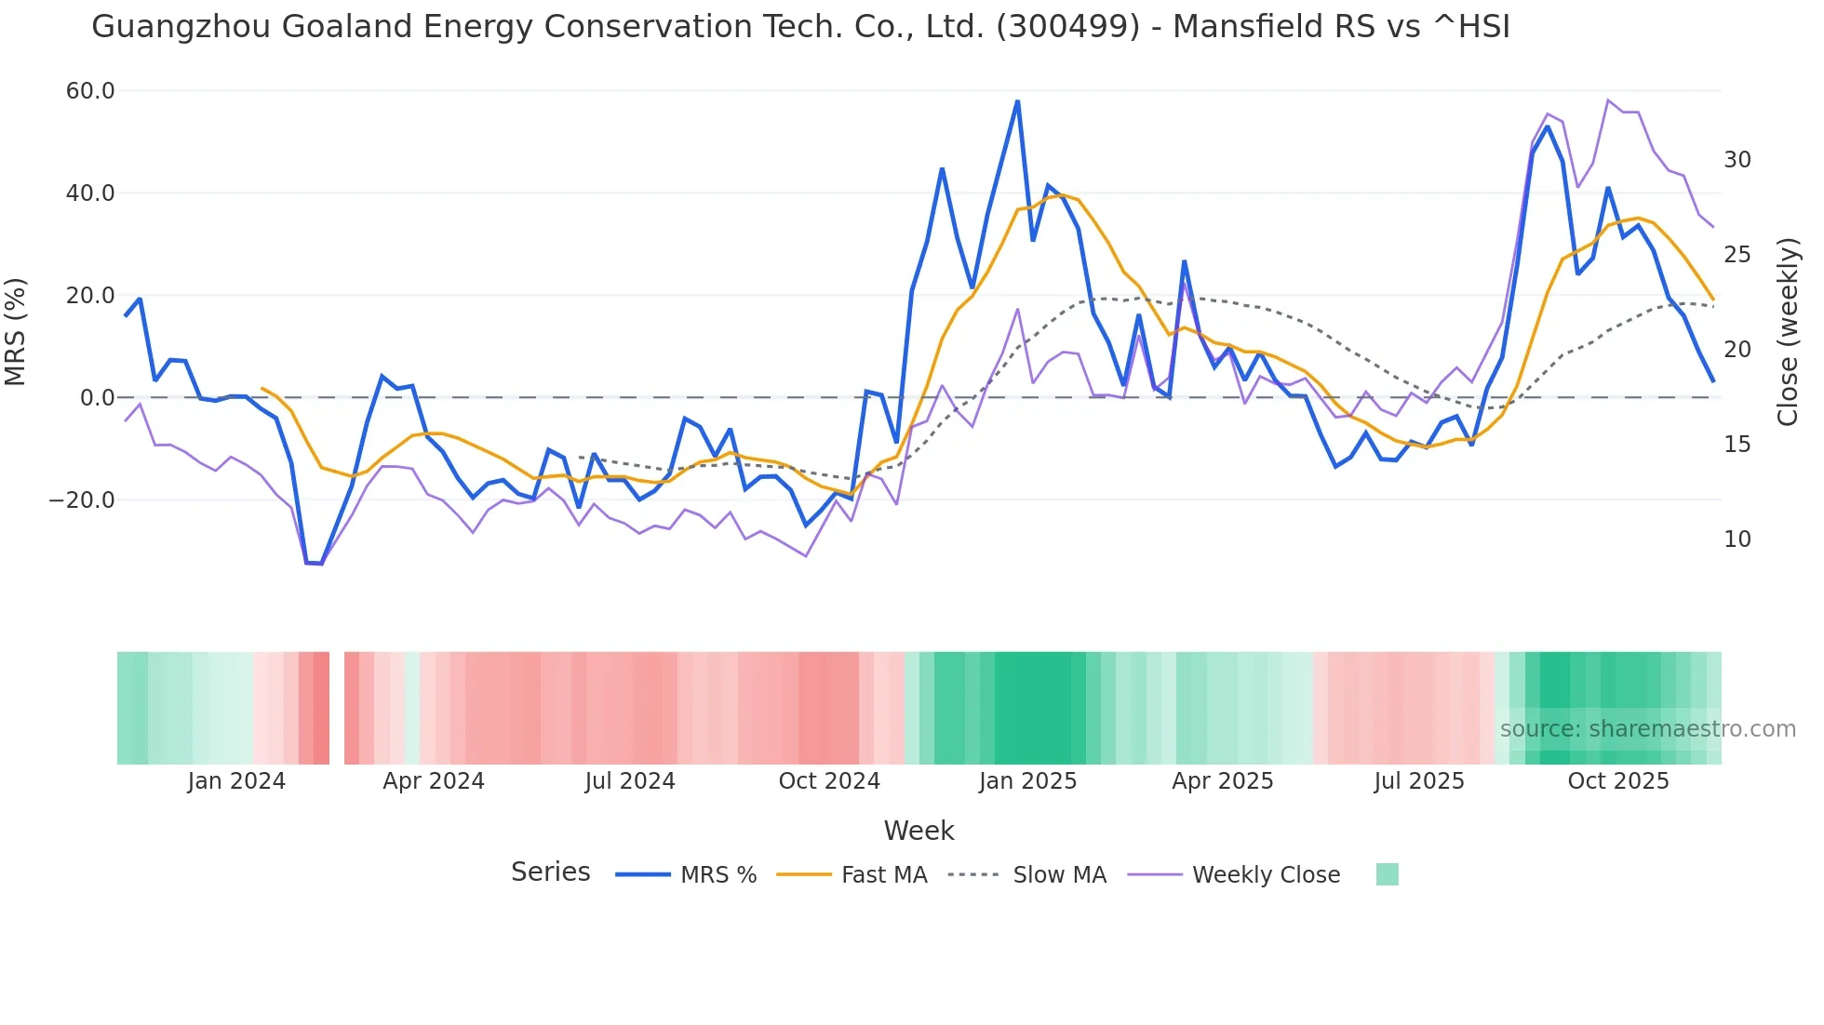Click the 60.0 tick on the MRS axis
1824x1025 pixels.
(90, 91)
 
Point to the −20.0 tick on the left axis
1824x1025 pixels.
(82, 500)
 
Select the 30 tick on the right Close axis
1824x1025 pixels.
(1737, 160)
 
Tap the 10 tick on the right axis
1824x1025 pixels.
(1737, 539)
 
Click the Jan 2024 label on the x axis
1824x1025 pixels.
(236, 781)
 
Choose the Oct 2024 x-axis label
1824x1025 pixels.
(829, 781)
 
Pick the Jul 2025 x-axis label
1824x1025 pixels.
(1419, 781)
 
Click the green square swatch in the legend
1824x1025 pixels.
(1387, 874)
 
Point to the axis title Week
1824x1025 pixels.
(919, 831)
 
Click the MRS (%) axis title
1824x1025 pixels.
(16, 332)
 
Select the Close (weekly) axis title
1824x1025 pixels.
(1787, 332)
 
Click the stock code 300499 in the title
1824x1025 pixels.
(1067, 27)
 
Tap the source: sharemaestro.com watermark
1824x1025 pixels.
(1647, 729)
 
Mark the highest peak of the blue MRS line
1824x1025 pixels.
(1017, 100)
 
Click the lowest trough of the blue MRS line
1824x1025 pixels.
(321, 564)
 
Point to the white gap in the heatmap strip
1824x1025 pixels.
(337, 708)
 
